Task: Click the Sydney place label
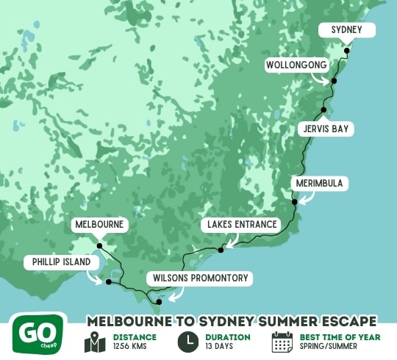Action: [x=346, y=30]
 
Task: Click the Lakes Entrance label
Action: [x=242, y=224]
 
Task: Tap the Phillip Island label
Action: [x=62, y=262]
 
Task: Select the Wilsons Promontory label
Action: [x=201, y=278]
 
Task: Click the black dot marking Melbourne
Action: [x=99, y=246]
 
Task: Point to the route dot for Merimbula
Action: [x=294, y=201]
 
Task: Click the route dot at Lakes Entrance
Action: [x=221, y=251]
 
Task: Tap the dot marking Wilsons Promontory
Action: [x=159, y=301]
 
